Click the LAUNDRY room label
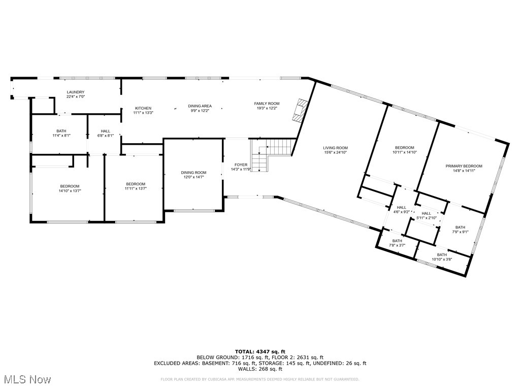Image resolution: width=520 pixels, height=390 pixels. tap(75, 92)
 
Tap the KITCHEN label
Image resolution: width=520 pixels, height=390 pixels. tap(143, 108)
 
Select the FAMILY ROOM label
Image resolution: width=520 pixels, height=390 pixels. tap(267, 104)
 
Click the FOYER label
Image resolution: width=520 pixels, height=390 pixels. tap(241, 165)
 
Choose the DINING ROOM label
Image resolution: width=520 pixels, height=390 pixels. tap(193, 173)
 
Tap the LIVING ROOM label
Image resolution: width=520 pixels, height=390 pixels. tap(335, 148)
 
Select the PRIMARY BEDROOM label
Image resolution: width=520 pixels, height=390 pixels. tap(464, 166)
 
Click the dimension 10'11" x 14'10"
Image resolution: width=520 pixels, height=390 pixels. tap(404, 152)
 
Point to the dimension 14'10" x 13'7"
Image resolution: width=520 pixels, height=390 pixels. tap(70, 191)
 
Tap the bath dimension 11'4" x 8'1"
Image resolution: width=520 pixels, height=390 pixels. tap(61, 136)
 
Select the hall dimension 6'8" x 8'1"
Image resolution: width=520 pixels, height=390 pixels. tap(105, 136)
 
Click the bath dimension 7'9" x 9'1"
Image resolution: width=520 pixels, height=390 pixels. tap(460, 232)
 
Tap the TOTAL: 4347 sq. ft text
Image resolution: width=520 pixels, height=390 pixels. tap(260, 351)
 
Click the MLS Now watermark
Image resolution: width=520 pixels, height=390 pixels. tap(26, 379)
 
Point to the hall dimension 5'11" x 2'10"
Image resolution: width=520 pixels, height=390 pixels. tap(426, 218)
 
